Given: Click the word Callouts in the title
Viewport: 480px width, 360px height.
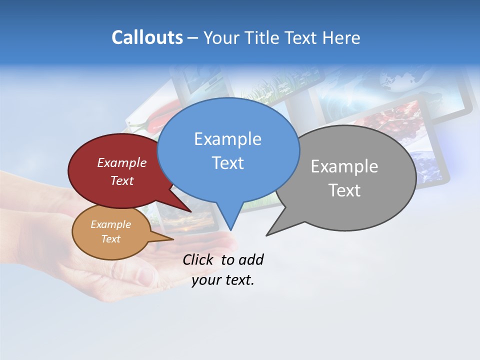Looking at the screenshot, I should (x=147, y=37).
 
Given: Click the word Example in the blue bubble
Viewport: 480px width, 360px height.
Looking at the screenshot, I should (x=227, y=139).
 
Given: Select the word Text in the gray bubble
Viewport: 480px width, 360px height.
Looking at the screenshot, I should (x=345, y=190).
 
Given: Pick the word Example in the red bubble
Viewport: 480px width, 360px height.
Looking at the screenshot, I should (x=121, y=162).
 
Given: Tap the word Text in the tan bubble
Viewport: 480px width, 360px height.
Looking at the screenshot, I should (x=110, y=239).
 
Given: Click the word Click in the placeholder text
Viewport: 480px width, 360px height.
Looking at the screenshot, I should (x=197, y=259).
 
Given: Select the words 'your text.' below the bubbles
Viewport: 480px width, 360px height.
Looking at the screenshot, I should (x=223, y=280).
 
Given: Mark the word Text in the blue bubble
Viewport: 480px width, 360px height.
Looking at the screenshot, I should (x=227, y=163).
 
